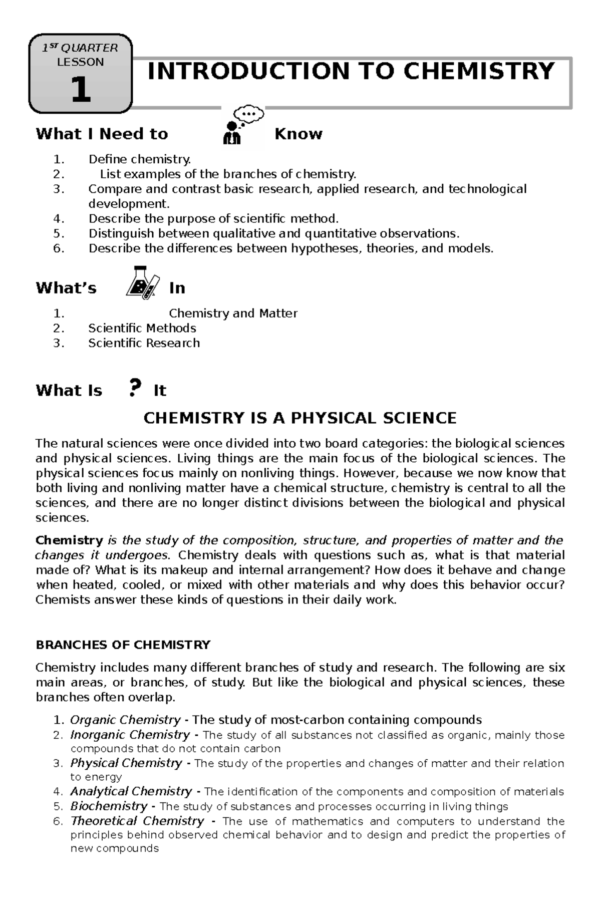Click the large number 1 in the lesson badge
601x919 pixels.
tap(81, 90)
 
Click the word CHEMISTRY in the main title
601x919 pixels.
tap(479, 71)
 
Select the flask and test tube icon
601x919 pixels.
tap(143, 283)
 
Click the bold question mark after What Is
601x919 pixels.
tap(133, 389)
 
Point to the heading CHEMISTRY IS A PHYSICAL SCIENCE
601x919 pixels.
tap(300, 418)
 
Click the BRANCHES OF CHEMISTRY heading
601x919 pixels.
tap(123, 645)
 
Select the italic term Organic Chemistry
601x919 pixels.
tap(125, 720)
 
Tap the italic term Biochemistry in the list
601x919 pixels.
tap(109, 806)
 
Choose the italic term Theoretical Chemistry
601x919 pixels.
tap(137, 821)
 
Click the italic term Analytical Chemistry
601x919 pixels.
tap(131, 791)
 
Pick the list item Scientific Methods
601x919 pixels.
tap(142, 328)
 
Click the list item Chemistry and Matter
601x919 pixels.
tap(233, 314)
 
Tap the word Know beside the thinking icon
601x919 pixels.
tap(298, 134)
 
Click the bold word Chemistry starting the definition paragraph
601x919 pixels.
tap(69, 540)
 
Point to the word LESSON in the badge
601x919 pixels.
tap(80, 62)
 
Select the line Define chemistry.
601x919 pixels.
tap(140, 159)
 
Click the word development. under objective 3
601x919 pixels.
tap(129, 204)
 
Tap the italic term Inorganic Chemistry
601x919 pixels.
tap(130, 735)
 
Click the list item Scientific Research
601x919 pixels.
tap(144, 343)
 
